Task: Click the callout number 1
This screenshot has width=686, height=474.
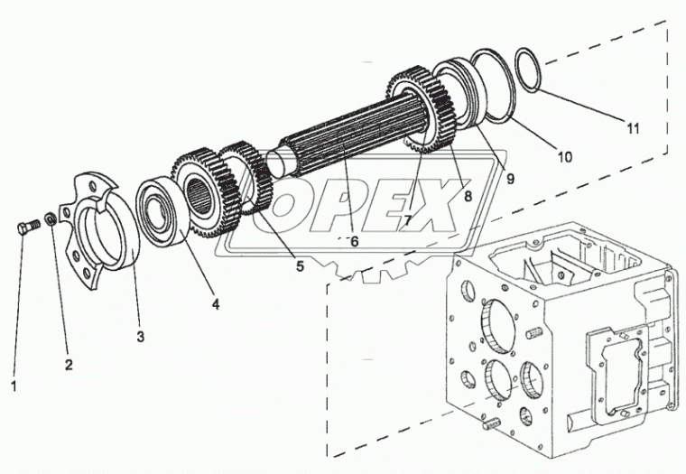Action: pos(14,386)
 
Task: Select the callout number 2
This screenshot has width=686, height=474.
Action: pos(69,365)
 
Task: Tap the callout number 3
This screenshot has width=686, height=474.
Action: pos(140,337)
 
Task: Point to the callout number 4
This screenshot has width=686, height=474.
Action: pos(216,304)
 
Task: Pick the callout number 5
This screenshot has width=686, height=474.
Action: pos(300,266)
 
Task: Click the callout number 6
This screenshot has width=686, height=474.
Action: pos(354,241)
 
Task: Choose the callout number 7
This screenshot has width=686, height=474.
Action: pos(408,219)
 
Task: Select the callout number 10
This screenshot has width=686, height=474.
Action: pos(563,156)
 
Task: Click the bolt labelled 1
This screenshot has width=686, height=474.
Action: pos(27,225)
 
